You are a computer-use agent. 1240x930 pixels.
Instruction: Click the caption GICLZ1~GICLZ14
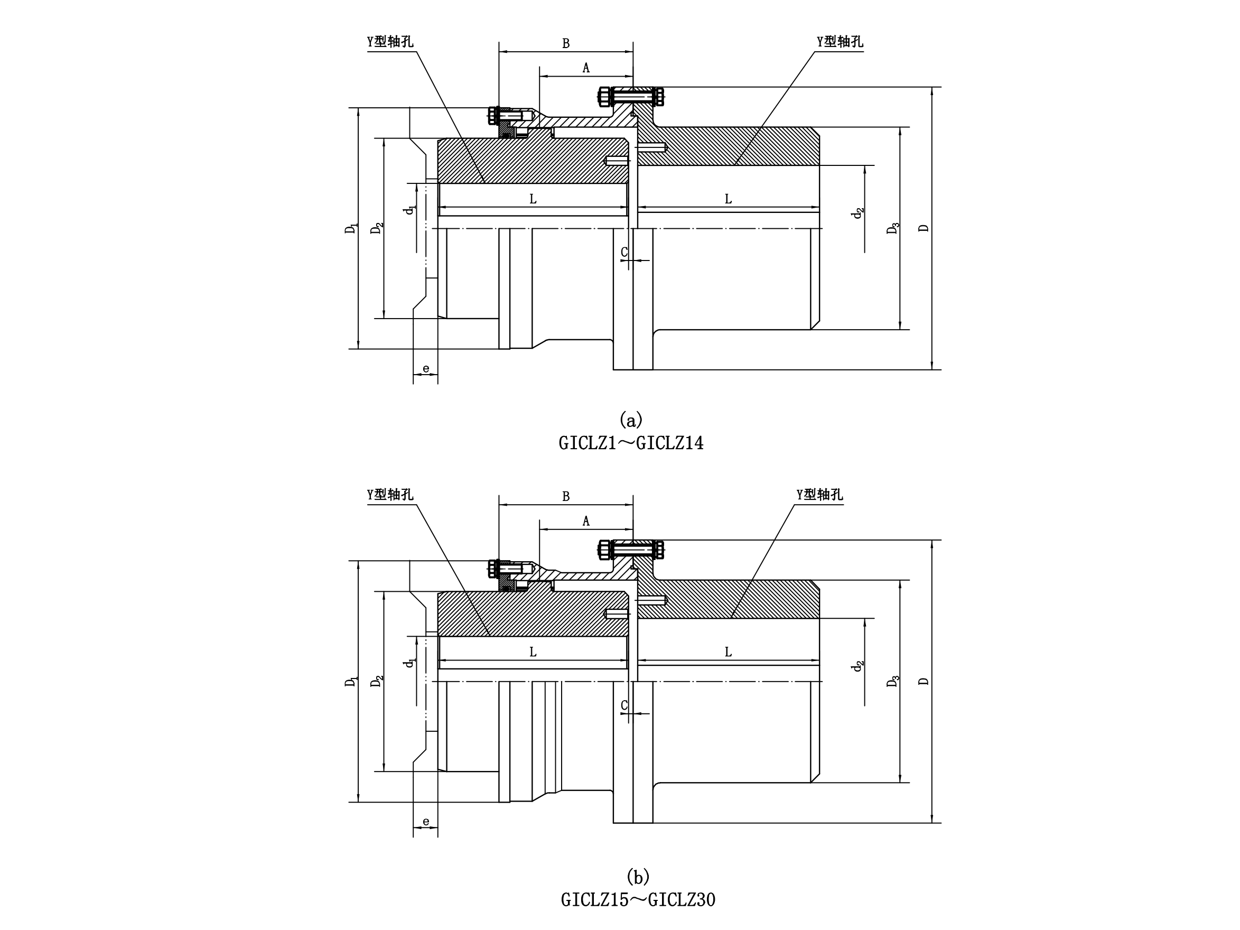631,443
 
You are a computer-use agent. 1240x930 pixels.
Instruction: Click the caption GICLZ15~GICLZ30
638,900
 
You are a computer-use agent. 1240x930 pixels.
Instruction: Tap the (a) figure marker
631,420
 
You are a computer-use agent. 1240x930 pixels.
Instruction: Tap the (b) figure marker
638,876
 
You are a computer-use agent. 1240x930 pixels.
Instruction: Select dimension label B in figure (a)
566,44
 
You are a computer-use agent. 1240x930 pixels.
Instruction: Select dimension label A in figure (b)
586,522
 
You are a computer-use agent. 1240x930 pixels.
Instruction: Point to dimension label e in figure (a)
426,369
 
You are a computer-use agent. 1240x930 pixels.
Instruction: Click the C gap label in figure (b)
624,706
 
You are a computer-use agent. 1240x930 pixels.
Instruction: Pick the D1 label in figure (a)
351,228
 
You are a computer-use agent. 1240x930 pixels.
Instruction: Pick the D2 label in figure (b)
377,681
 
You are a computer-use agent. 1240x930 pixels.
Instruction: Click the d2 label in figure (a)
857,213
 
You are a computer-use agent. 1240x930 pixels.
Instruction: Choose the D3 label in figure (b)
892,681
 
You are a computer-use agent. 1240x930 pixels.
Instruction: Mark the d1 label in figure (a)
411,210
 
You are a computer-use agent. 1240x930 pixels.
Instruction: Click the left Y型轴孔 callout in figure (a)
390,42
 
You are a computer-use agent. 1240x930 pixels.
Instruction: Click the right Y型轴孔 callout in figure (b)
819,495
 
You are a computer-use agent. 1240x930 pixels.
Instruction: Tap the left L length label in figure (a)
533,199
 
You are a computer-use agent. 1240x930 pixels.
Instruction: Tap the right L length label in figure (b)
728,652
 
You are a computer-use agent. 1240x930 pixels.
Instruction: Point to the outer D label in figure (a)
924,228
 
